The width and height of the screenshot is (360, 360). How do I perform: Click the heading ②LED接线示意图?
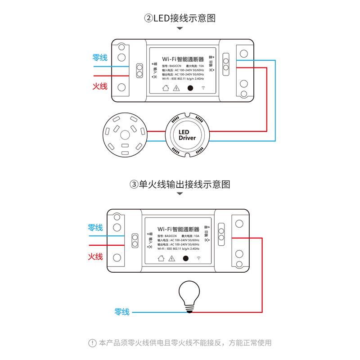[180, 18]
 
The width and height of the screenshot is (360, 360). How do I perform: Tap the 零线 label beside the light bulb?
[122, 311]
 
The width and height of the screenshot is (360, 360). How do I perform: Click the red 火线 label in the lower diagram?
[95, 256]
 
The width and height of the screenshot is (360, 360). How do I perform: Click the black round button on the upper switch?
[190, 88]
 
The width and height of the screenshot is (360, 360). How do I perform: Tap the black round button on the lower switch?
[185, 258]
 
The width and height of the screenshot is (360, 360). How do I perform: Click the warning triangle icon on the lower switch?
[171, 258]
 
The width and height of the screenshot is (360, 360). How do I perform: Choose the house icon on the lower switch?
[160, 258]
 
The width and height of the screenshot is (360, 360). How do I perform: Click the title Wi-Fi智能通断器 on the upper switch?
[181, 59]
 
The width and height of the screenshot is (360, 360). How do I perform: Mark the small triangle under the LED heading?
[180, 29]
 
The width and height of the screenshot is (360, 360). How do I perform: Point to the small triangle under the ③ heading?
[180, 195]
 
